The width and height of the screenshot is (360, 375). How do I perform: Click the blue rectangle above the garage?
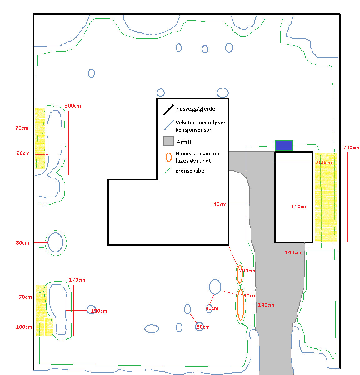284,145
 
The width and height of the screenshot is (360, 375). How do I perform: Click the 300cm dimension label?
73,106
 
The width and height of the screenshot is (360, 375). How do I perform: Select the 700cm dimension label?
351,147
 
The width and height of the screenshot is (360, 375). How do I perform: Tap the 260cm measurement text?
324,162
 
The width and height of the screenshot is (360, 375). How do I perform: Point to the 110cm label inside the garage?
299,207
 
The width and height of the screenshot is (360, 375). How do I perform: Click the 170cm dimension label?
77,280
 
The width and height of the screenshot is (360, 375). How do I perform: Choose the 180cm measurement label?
99,311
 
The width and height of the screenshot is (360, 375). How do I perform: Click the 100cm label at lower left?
24,327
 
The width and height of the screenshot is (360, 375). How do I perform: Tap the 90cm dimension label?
23,153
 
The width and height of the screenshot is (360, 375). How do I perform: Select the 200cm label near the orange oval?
247,271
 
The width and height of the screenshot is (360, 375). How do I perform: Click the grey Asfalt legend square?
168,141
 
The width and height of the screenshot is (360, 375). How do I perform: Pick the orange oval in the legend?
169,157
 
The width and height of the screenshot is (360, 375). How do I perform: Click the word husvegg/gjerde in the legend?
196,109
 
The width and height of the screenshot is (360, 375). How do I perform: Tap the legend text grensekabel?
190,171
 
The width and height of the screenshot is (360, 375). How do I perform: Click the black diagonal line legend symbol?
168,110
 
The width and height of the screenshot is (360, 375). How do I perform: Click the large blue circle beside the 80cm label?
56,242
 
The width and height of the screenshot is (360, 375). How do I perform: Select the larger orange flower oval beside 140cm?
240,305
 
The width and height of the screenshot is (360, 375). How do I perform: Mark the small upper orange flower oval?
240,274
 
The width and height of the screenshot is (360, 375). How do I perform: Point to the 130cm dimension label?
248,296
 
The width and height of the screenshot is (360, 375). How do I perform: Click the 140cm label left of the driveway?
218,204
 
